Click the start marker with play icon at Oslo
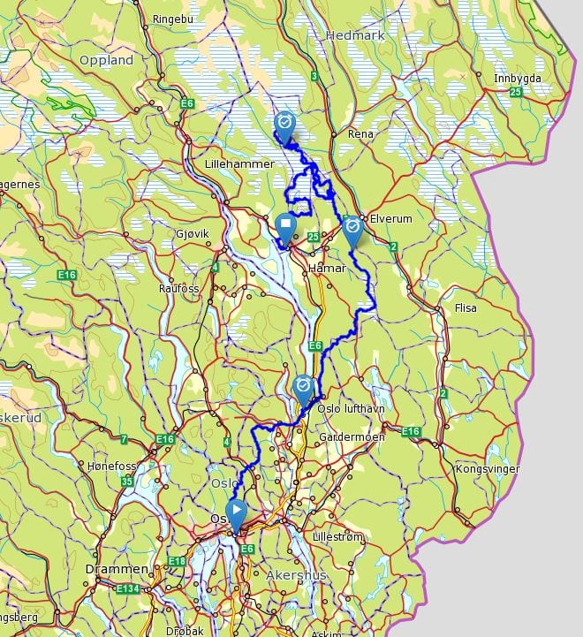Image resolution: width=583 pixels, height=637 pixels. click(x=236, y=512)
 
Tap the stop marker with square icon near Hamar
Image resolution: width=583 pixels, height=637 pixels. click(x=285, y=227)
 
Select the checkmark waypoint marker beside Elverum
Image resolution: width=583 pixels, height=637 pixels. click(x=352, y=228)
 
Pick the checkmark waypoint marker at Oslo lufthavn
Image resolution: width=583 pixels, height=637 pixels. click(x=303, y=388)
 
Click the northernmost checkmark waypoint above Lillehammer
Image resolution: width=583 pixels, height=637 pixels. click(x=284, y=124)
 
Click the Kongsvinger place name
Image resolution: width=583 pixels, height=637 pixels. click(x=486, y=468)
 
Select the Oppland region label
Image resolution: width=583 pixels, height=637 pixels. click(x=106, y=60)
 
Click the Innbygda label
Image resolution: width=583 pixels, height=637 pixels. click(x=517, y=78)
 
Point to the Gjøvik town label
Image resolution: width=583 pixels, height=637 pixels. click(x=192, y=233)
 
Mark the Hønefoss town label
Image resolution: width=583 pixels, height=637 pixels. click(x=110, y=465)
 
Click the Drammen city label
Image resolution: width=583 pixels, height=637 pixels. click(x=109, y=569)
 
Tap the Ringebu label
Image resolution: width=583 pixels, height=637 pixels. click(x=171, y=18)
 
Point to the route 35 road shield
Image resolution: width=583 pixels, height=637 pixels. click(x=128, y=482)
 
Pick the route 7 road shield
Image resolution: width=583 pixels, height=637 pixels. click(x=124, y=439)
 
